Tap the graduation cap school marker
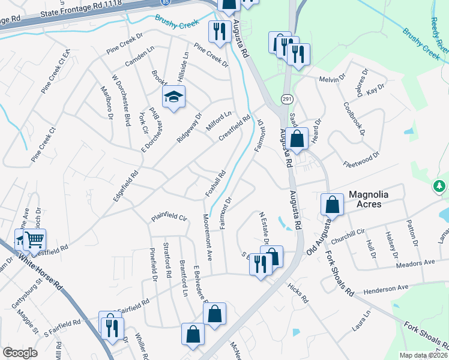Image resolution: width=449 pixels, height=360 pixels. click(173, 97)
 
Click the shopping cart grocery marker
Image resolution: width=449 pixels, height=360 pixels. click(35, 240)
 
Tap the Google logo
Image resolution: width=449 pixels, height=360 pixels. click(20, 352)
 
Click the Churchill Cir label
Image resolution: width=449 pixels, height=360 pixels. click(352, 233)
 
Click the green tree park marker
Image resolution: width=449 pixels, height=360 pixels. click(441, 187)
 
